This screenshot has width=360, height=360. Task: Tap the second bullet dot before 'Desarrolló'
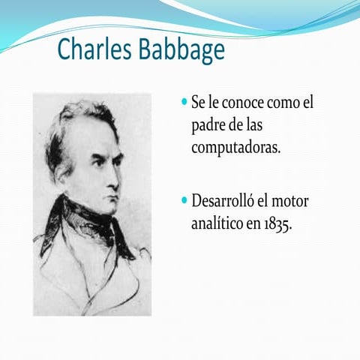pos(185,201)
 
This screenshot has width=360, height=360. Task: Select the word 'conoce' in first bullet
pos(244,102)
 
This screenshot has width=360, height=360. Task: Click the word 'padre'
pos(210,124)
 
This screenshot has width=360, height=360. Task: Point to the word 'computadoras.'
pos(235,146)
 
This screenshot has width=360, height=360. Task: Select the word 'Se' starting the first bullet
pos(199,102)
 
